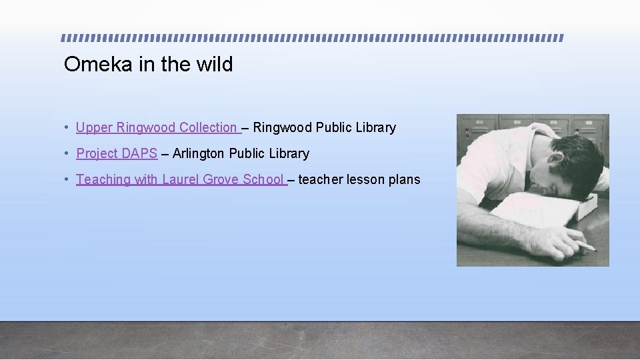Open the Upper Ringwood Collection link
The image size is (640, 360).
157,127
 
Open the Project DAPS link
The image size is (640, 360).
117,153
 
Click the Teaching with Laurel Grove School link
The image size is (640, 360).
180,179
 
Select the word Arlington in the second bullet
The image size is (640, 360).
199,153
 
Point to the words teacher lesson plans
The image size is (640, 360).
359,179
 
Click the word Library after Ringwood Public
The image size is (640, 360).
375,127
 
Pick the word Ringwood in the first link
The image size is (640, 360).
146,127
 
